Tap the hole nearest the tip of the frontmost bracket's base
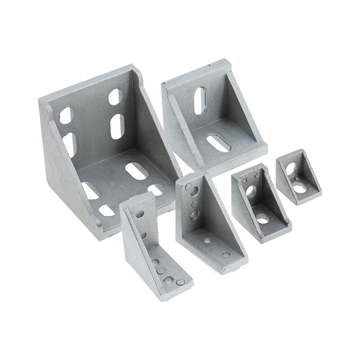click(x=181, y=282)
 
